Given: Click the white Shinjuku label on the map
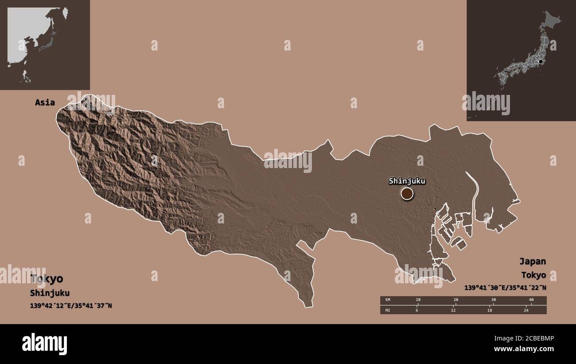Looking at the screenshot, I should [407, 181].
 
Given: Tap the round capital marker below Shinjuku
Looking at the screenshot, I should [407, 193].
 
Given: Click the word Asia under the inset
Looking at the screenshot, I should [45, 102].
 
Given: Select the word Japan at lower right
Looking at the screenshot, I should [532, 261].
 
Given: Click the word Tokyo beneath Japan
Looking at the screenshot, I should [533, 275].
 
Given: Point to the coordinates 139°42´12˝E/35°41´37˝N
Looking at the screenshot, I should [71, 305].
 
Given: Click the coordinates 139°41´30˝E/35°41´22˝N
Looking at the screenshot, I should [505, 288].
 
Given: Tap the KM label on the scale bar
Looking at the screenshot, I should [388, 300].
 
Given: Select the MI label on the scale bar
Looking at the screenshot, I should [388, 310].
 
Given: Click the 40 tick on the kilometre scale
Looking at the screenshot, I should [531, 300].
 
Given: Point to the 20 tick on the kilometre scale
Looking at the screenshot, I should [455, 300].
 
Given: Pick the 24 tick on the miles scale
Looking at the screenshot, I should [526, 310].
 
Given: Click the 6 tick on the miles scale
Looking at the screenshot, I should [416, 310].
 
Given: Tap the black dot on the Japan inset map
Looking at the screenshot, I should [541, 62].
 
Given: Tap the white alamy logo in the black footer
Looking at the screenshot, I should [45, 344].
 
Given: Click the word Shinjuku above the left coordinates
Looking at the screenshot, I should [50, 293].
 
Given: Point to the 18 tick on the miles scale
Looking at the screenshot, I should [490, 310].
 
